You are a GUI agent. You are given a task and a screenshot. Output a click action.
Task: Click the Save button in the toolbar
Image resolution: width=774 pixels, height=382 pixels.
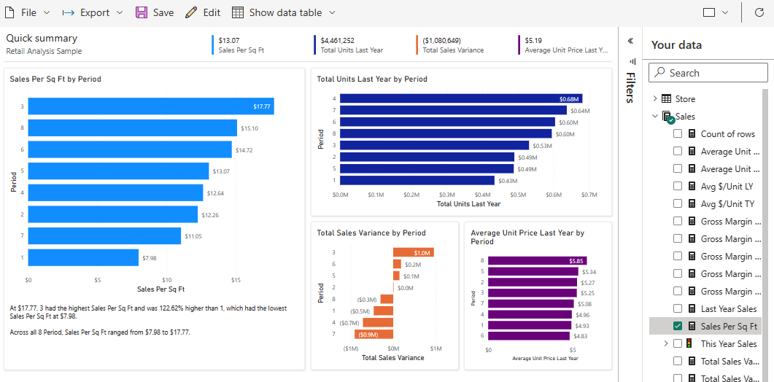[x=155, y=12]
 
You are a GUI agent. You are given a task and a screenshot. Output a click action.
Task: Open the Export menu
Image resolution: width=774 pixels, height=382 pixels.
[x=86, y=12]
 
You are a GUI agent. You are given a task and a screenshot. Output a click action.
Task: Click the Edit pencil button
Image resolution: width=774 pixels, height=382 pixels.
[x=203, y=12]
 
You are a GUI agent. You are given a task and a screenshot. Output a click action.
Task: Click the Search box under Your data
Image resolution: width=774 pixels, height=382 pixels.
[x=708, y=73]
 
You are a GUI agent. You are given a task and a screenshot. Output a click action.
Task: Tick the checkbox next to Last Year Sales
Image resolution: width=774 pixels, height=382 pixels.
[x=678, y=309]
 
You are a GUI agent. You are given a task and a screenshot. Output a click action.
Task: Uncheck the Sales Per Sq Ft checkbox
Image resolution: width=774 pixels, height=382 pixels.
[x=678, y=327]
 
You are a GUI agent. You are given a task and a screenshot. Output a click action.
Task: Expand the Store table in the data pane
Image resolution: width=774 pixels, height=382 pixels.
[x=655, y=99]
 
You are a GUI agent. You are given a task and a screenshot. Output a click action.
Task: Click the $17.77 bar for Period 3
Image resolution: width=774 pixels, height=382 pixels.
[x=151, y=106]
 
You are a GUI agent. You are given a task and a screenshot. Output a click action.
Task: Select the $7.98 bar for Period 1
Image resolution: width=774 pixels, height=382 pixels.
[x=83, y=257]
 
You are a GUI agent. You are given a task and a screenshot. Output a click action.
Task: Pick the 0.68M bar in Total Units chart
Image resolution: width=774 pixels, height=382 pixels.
[x=460, y=98]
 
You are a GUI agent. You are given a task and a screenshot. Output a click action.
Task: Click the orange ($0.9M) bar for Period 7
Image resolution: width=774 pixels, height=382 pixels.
[x=374, y=335]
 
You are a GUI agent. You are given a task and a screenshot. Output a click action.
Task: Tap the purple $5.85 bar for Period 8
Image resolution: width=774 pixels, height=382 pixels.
[x=537, y=260]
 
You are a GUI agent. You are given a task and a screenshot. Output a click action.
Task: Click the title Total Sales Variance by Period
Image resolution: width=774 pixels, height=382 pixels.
[x=371, y=233]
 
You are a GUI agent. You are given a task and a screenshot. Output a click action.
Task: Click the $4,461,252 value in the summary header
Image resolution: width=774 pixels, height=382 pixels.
[x=338, y=41]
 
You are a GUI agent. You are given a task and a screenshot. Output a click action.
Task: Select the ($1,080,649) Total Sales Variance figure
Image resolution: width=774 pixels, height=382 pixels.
[x=441, y=41]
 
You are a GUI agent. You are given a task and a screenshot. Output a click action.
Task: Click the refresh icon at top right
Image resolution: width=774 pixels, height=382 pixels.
[x=758, y=12]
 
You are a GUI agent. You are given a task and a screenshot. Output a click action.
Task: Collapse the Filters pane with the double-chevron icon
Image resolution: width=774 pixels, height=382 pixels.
[x=630, y=42]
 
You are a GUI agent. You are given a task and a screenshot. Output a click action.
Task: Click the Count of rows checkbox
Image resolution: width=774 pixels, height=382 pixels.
[x=678, y=134]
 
